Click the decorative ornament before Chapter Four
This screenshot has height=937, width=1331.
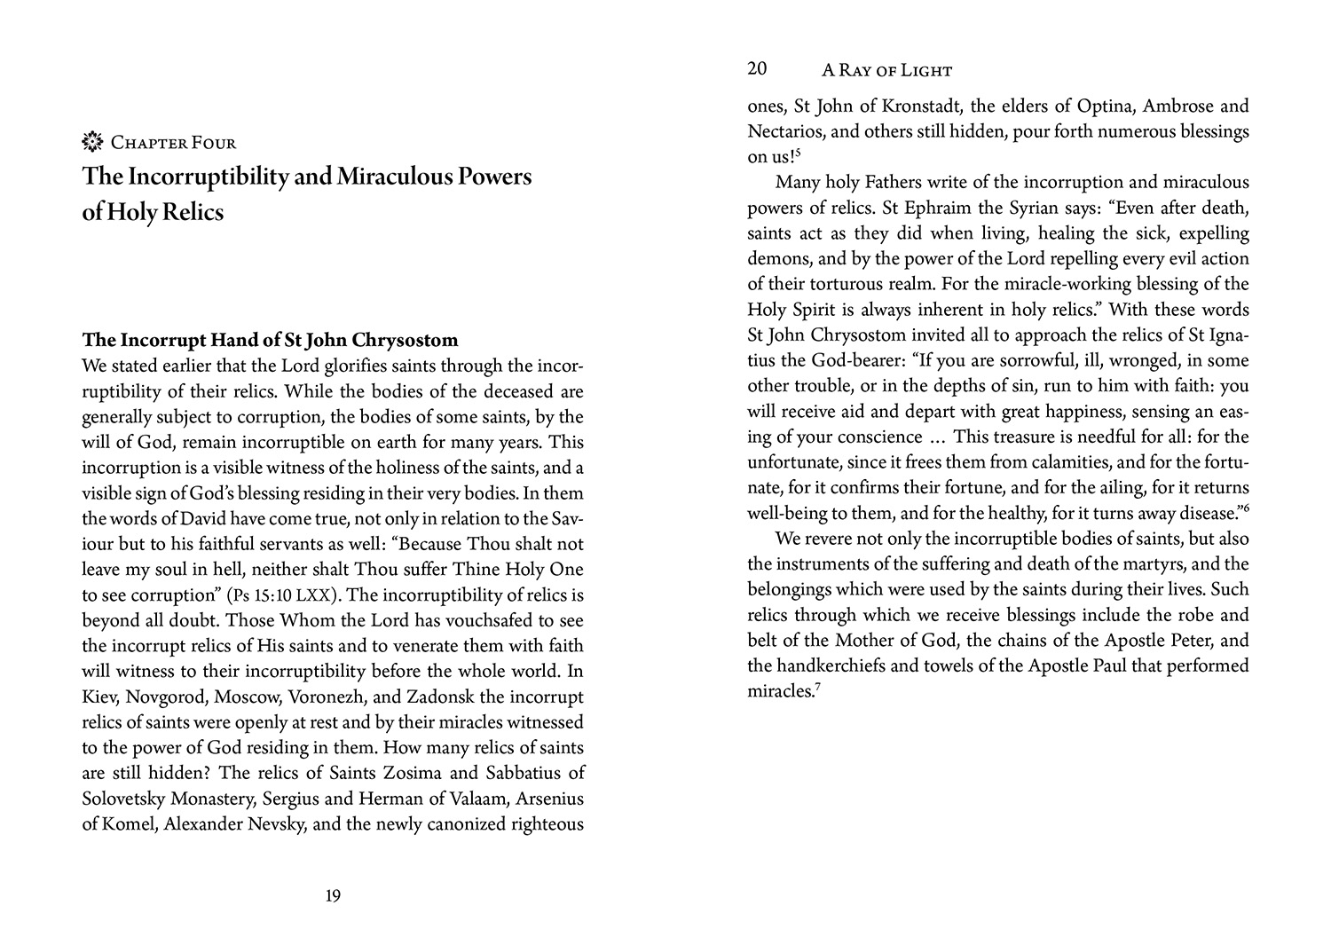(x=92, y=141)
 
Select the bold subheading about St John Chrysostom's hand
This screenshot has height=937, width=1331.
(x=270, y=341)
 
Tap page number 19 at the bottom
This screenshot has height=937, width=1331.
(x=333, y=896)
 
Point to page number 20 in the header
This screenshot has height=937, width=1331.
(x=757, y=69)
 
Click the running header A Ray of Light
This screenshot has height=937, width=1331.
(x=886, y=71)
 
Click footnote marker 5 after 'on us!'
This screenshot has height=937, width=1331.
(x=798, y=154)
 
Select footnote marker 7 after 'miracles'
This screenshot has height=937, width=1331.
(x=816, y=687)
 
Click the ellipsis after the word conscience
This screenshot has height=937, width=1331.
(x=937, y=437)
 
